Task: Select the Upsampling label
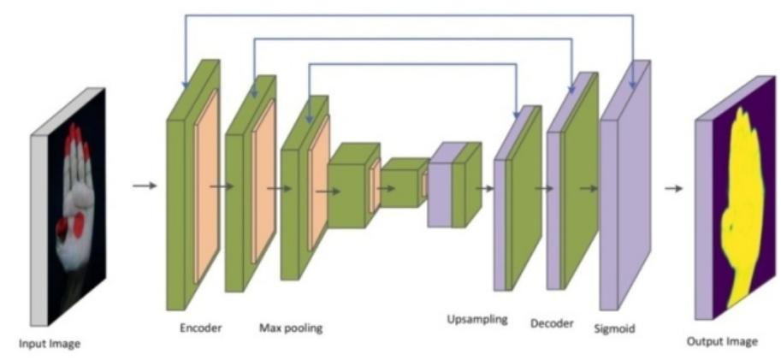(x=476, y=320)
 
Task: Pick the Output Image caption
(x=722, y=342)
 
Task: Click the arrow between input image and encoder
(x=145, y=185)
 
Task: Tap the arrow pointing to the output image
(x=673, y=188)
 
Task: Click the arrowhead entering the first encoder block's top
(x=184, y=84)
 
